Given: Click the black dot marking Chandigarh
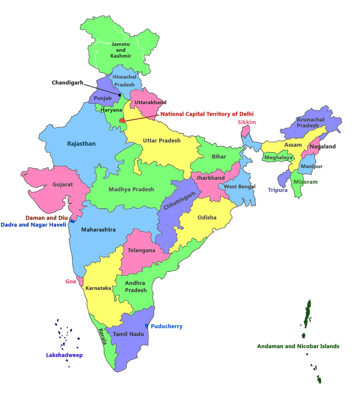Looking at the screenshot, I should pos(120,95).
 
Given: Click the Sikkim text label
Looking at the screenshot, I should pos(247,122).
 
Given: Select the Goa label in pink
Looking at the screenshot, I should pos(71,281).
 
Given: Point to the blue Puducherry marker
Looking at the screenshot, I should pos(147,326).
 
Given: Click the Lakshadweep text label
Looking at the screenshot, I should pos(64,355).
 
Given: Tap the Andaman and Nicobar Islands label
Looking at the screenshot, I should pos(298,346).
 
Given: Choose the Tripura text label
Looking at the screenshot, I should pos(278,190).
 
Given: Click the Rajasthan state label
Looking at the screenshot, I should pos(81,144).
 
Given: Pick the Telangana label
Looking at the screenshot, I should pos(141,251).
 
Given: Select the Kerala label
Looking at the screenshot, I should pos(102,336).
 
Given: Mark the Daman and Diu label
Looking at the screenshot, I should pos(46,218).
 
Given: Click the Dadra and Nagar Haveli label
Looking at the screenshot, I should pos(33,224).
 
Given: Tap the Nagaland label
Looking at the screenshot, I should pos(322,146).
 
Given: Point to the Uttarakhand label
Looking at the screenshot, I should pos(150,102).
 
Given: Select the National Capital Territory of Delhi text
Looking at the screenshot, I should pos(207,114).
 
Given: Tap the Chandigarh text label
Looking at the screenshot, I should pos(67,83).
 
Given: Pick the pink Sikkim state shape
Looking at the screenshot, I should pos(245,131).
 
